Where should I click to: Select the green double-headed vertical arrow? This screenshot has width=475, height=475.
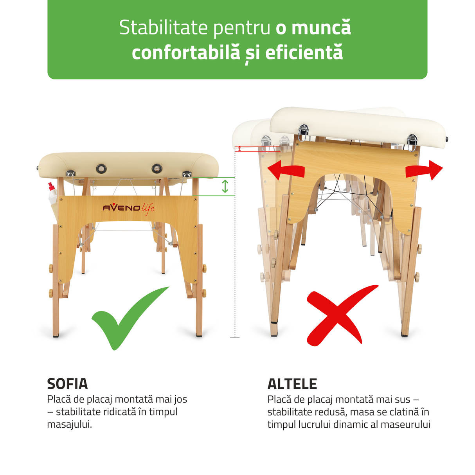225,186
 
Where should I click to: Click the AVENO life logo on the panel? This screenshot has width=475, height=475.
129,208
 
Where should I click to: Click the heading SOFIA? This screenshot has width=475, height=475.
67,384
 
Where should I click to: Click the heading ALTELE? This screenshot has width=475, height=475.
292,384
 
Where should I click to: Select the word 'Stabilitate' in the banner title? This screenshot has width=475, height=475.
163,28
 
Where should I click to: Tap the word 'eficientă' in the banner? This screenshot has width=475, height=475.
304,53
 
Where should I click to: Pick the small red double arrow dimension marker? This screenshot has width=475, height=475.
239,149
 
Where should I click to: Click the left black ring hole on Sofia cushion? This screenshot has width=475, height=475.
101,169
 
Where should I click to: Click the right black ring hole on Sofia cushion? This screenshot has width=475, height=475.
157,169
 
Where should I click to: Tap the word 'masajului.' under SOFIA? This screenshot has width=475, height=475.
69,424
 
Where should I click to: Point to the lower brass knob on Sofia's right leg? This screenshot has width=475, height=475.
204,293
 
